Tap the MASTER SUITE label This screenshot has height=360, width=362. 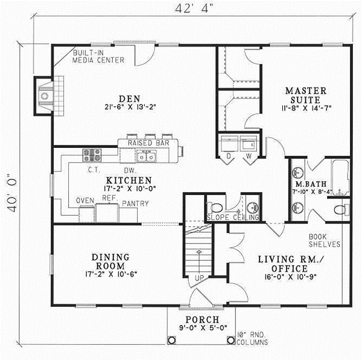click(305, 91)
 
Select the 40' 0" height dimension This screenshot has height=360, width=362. click(12, 188)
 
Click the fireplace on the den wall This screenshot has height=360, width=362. click(44, 95)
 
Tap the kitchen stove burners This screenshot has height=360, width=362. click(90, 155)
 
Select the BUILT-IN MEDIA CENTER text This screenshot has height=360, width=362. click(98, 57)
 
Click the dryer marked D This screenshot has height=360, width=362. click(229, 145)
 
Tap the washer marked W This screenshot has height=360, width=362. click(249, 145)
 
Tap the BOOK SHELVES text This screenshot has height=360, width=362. click(325, 240)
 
